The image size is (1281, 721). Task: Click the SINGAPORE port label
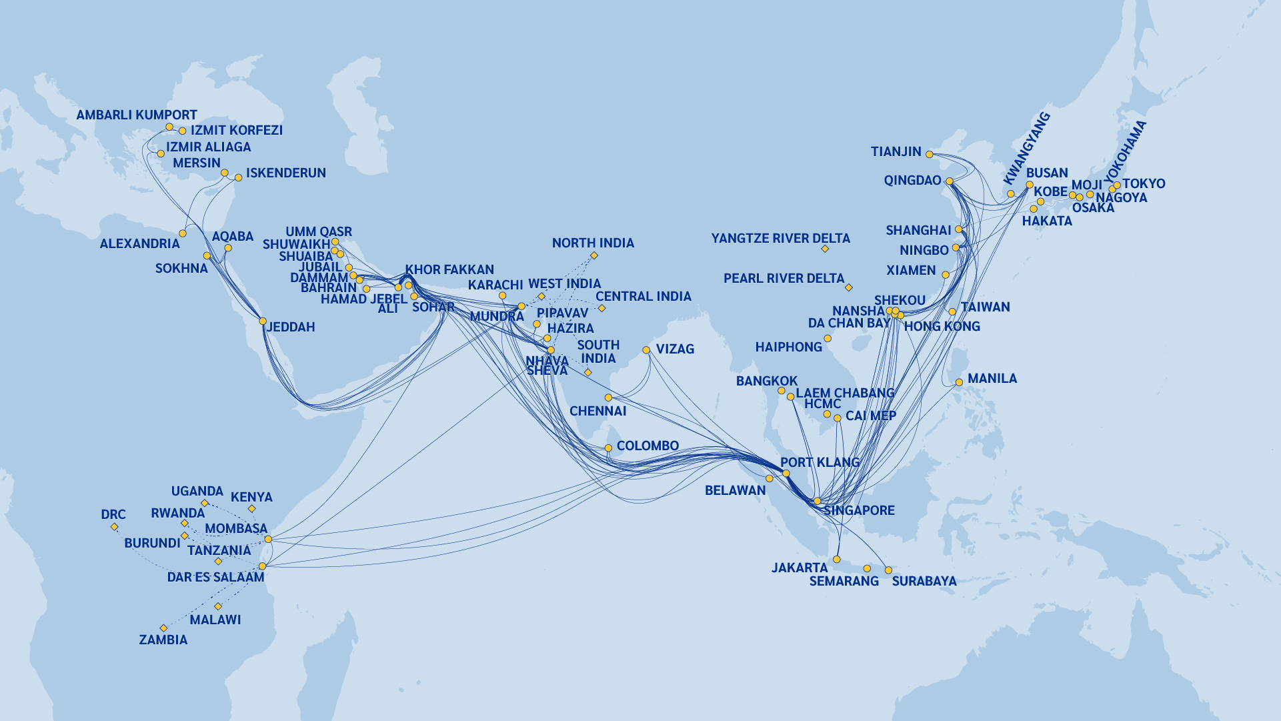[x=859, y=510]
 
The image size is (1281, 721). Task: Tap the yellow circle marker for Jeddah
[x=263, y=321]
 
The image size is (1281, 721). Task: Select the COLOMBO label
[x=647, y=446]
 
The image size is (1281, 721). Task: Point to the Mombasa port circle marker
[x=268, y=539]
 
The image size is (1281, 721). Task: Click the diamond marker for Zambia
[x=163, y=628]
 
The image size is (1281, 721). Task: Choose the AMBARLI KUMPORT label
[x=137, y=115]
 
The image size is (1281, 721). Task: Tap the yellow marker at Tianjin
[x=929, y=153]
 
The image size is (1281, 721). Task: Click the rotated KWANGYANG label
[x=1027, y=148]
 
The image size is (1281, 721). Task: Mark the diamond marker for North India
[x=594, y=255]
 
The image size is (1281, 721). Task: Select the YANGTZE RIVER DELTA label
[x=780, y=238]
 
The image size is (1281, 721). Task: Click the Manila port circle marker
[x=959, y=382]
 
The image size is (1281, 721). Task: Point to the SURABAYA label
[x=924, y=581]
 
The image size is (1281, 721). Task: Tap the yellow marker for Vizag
[x=646, y=350]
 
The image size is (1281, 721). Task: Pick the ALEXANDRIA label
[x=139, y=243]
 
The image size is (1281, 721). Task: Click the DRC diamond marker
[x=115, y=527]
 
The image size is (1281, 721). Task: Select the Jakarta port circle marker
[x=837, y=560]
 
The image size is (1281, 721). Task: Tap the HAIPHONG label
[x=788, y=347]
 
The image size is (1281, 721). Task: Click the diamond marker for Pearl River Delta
[x=848, y=287]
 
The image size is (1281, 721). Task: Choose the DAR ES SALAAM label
[x=215, y=577]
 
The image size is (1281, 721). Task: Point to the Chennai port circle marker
[x=608, y=398]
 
